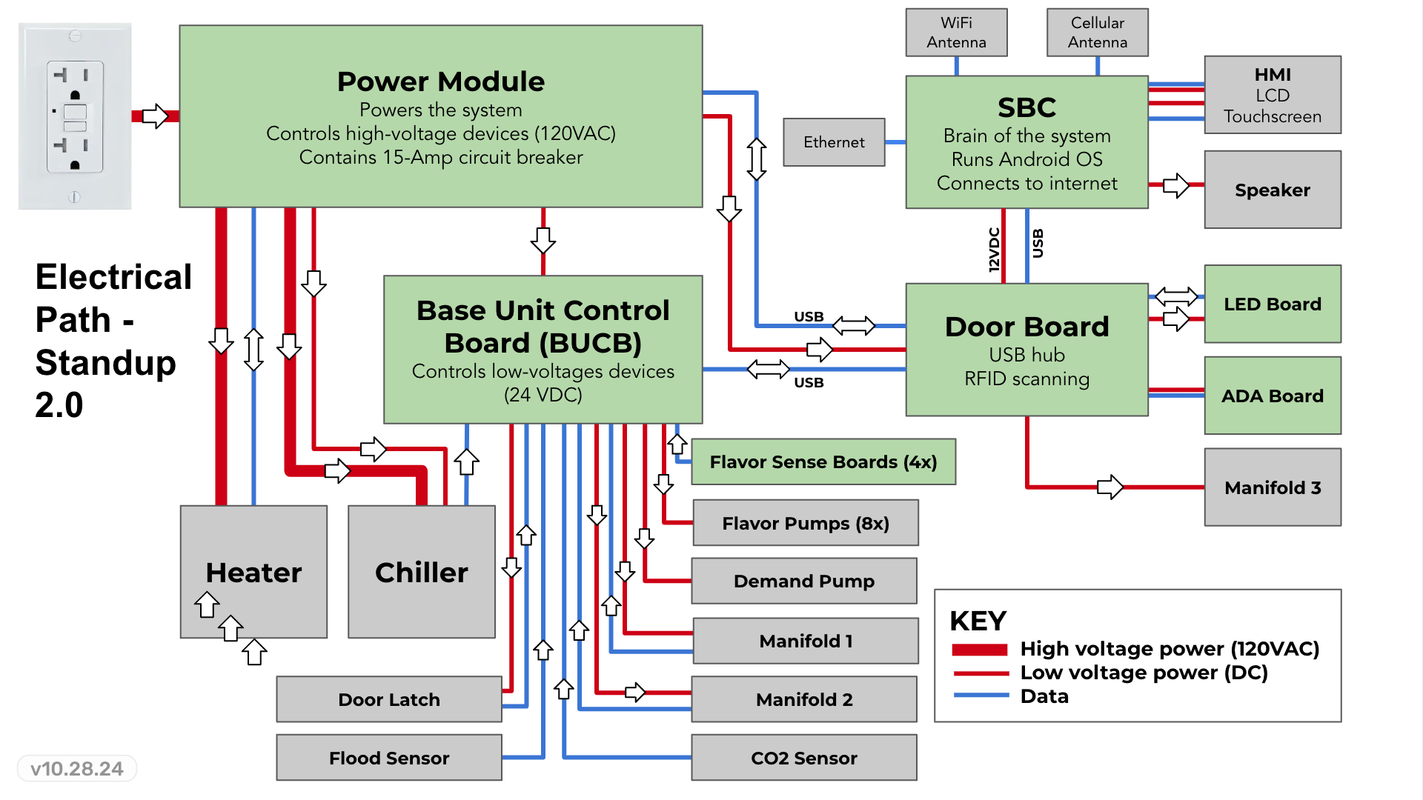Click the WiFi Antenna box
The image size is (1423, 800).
(956, 33)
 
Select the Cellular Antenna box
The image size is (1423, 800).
(1097, 33)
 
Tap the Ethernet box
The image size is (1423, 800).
(834, 142)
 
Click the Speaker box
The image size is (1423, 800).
(1272, 190)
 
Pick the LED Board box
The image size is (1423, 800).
(1272, 304)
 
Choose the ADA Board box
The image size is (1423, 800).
(1272, 396)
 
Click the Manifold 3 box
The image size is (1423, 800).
(1272, 487)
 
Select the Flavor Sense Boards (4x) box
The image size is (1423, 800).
(823, 462)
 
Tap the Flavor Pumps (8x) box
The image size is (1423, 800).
(805, 524)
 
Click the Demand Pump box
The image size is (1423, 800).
(803, 581)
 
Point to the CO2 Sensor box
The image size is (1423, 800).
(803, 758)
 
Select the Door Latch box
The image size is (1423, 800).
(388, 699)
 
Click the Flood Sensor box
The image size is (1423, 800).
(388, 758)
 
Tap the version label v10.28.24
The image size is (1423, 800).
(76, 769)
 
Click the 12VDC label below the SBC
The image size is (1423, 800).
(994, 250)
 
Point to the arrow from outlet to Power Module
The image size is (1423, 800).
(155, 116)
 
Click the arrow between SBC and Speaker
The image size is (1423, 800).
(1175, 185)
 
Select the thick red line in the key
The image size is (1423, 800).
(979, 650)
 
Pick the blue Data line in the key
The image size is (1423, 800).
(981, 696)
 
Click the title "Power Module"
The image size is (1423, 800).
(440, 81)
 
